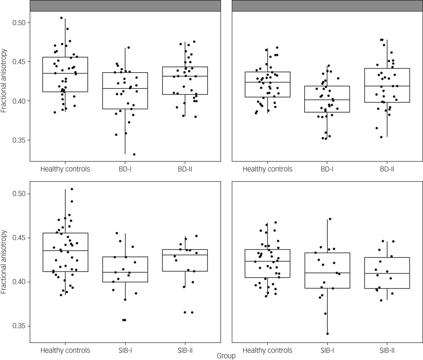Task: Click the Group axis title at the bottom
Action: tap(226, 356)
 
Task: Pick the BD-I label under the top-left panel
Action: tap(125, 169)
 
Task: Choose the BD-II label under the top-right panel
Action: tap(387, 169)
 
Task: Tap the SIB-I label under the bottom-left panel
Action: tap(125, 351)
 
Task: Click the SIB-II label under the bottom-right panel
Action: tap(387, 351)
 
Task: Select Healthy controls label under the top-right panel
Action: tap(267, 169)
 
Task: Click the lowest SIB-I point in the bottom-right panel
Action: tap(328, 334)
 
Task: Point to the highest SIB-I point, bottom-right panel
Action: tap(330, 219)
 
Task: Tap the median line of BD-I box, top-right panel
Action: tap(327, 100)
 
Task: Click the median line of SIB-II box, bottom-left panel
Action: tap(185, 255)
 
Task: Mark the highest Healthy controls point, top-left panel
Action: tap(61, 18)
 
